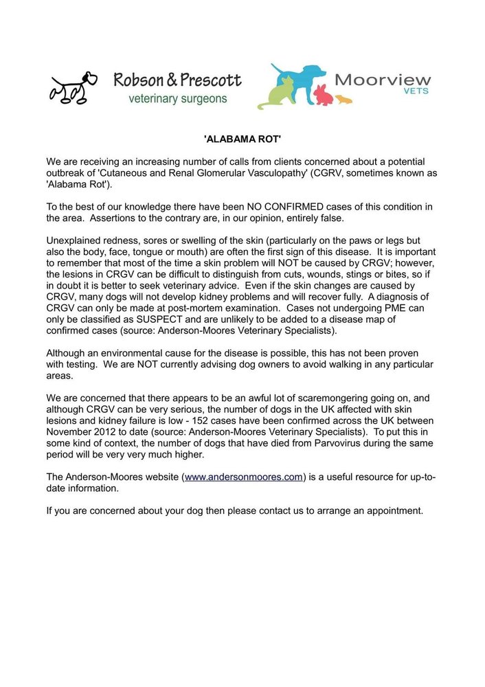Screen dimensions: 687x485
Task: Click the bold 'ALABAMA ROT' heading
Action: click(242, 139)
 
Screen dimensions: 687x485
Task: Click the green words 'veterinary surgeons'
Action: click(178, 99)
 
